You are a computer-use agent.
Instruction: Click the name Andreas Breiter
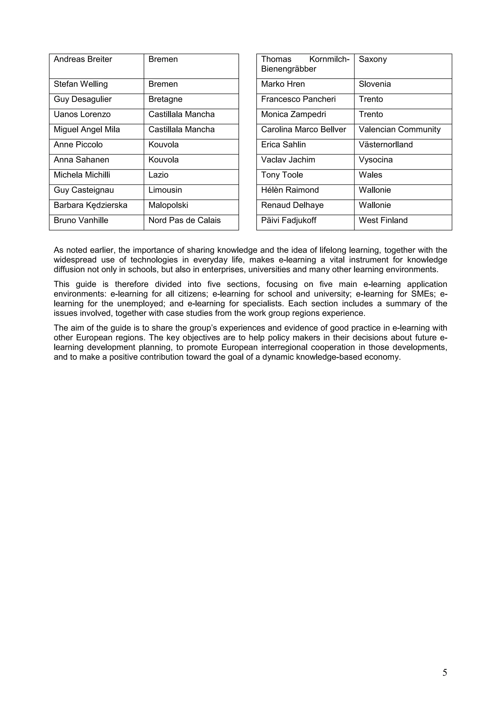coord(83,59)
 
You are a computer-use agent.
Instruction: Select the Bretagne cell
coord(165,99)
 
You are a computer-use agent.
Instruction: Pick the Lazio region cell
coord(158,175)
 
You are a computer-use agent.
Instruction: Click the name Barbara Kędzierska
coord(91,205)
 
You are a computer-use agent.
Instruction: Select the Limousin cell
coord(165,190)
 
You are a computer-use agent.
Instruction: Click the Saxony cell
coord(373,59)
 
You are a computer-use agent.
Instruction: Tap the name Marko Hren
coord(283,84)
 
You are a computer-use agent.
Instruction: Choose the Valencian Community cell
coord(399,130)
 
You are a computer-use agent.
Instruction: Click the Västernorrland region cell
coord(386,145)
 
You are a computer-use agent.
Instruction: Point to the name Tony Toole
coord(282,175)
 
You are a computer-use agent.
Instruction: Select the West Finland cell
coord(383,220)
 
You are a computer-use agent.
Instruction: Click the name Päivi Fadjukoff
coord(289,220)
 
